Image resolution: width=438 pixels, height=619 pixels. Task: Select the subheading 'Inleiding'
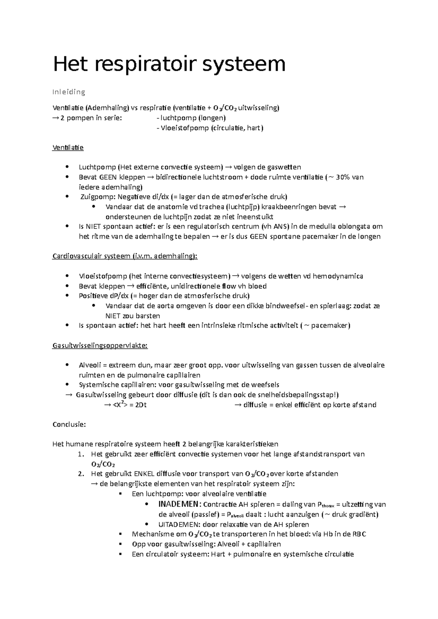[69, 92]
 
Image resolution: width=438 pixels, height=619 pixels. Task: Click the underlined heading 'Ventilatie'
[68, 148]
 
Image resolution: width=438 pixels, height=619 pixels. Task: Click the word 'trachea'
[212, 207]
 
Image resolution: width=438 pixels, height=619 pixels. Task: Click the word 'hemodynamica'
[341, 276]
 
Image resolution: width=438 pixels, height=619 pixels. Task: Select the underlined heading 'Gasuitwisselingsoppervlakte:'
[100, 346]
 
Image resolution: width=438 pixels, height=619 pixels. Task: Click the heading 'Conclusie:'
[69, 424]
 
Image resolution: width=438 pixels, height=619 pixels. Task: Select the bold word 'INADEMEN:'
[179, 505]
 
